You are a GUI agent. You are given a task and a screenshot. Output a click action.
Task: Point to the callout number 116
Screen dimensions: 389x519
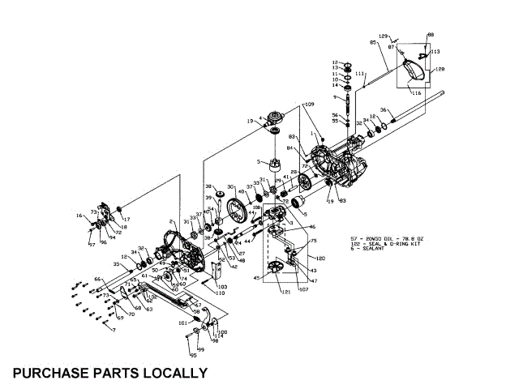coord(417,94)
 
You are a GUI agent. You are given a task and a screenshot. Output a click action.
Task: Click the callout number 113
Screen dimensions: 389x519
coord(435,51)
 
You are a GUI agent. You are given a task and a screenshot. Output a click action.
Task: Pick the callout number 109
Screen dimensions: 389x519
coord(309,105)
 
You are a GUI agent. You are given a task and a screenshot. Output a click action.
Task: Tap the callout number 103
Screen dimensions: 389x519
coord(222,288)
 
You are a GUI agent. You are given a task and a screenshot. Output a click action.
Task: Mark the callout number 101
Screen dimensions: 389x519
coord(183,323)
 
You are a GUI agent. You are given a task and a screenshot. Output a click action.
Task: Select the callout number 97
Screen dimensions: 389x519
coord(92,243)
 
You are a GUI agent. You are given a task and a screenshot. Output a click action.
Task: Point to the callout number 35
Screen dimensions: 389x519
coord(116,264)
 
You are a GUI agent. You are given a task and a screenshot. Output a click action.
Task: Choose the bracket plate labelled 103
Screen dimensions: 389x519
coord(212,276)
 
